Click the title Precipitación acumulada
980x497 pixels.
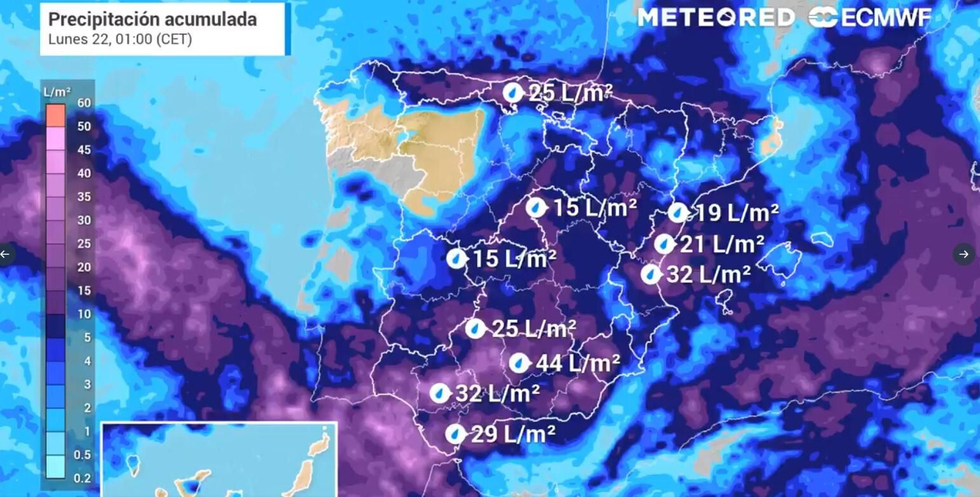click(x=153, y=20)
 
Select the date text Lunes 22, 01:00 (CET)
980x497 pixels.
click(x=120, y=40)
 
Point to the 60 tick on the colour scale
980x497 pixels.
click(x=84, y=103)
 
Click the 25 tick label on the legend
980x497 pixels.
click(x=84, y=244)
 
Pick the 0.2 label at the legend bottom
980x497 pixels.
click(x=82, y=479)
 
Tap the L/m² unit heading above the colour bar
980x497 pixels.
click(x=57, y=92)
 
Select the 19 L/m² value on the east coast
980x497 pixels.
click(x=737, y=213)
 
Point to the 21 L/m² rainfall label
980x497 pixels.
click(x=722, y=245)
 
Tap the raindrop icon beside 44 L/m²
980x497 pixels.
click(x=519, y=363)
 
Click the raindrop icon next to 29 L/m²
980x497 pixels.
click(x=455, y=434)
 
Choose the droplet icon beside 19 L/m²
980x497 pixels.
click(x=677, y=213)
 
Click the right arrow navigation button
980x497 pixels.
click(x=964, y=254)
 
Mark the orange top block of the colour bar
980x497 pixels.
click(x=56, y=115)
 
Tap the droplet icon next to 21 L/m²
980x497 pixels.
click(x=663, y=245)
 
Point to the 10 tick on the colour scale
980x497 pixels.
click(x=84, y=314)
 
